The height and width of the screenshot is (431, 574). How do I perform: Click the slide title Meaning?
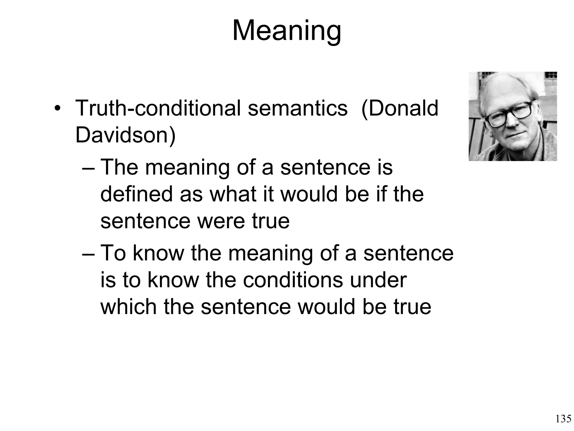coord(287,31)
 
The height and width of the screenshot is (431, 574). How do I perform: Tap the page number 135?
coord(563,419)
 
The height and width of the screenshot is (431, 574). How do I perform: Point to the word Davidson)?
coord(125,135)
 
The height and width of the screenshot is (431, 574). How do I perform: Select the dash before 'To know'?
coord(89,254)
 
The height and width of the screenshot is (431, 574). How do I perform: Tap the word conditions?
coord(293,280)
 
